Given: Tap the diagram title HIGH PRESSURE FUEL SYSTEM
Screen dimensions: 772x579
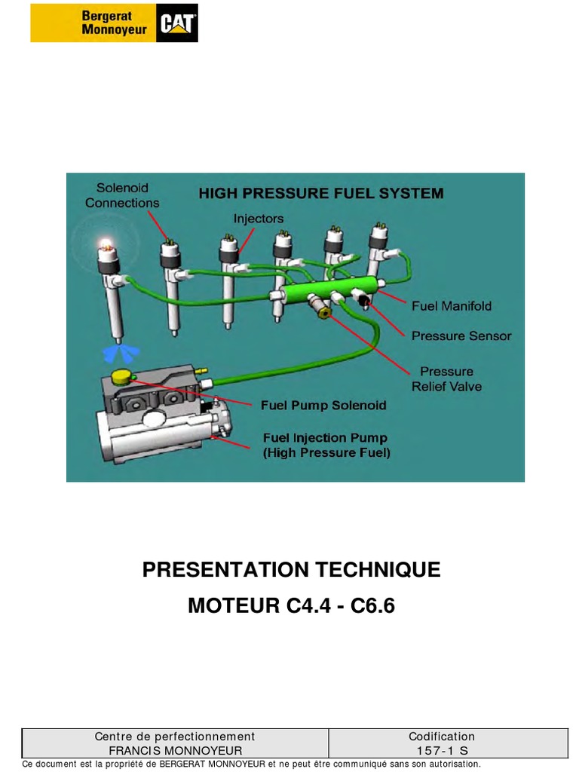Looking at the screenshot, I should [x=320, y=193].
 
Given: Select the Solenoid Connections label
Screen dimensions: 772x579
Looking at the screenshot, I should [x=122, y=195].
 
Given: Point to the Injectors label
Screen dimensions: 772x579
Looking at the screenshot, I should [x=259, y=219].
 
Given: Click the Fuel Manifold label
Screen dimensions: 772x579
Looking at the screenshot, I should [x=451, y=306].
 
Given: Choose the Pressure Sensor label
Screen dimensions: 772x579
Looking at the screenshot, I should [x=461, y=335].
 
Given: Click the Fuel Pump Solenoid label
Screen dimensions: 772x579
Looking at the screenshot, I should [x=323, y=405].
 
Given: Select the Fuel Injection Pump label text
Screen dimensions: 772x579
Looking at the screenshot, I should [x=325, y=445].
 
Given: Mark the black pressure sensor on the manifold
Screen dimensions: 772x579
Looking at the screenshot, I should [x=363, y=301].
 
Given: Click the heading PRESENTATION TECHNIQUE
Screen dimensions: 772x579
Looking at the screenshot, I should [x=291, y=570].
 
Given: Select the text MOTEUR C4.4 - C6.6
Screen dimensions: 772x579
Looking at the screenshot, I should [x=291, y=605].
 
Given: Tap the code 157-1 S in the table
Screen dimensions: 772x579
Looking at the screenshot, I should [x=442, y=750].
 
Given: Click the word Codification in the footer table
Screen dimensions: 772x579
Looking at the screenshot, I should [x=442, y=737].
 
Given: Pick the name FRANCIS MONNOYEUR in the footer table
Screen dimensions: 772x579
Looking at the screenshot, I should [x=175, y=750].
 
